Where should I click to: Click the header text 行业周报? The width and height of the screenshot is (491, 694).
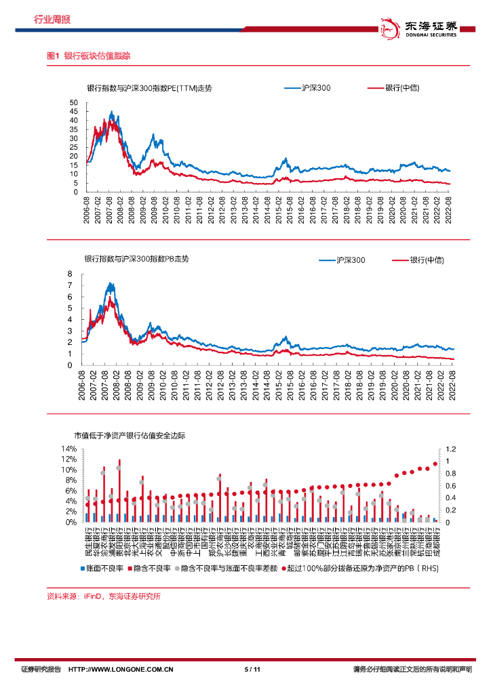click(52, 20)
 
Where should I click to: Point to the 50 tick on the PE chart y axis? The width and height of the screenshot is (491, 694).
click(75, 102)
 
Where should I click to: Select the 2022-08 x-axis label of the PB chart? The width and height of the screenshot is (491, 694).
click(449, 384)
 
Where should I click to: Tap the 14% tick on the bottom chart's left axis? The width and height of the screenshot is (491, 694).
click(68, 449)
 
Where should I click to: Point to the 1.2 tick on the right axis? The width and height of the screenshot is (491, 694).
click(451, 449)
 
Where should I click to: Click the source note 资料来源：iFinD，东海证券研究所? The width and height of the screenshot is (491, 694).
click(103, 596)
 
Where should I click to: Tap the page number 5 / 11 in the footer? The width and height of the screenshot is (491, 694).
click(252, 670)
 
